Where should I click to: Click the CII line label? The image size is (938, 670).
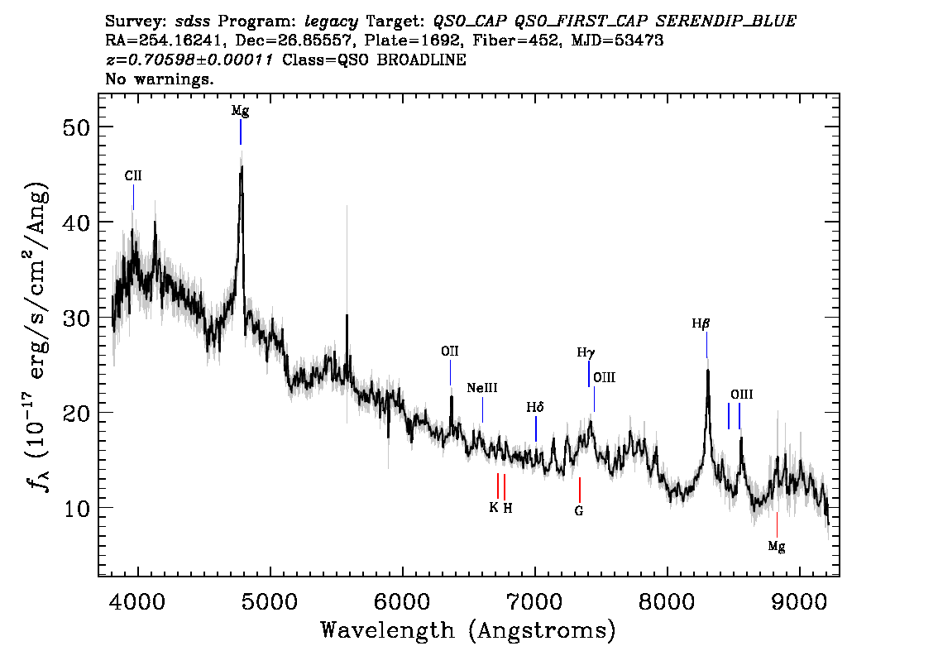click(133, 176)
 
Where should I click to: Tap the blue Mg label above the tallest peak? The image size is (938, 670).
click(241, 112)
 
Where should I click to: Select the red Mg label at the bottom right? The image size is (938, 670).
click(777, 546)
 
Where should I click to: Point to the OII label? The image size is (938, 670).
click(450, 352)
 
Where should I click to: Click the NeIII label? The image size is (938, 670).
click(482, 388)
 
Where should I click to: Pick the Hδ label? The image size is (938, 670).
click(535, 408)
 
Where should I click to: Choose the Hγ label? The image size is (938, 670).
click(586, 353)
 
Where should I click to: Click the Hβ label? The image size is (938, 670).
click(701, 323)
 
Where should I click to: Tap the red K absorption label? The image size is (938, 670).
click(494, 507)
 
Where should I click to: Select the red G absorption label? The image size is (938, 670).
click(578, 511)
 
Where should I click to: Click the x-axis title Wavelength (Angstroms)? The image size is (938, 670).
click(468, 630)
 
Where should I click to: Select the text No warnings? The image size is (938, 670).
click(159, 79)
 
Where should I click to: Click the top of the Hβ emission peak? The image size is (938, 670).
click(708, 371)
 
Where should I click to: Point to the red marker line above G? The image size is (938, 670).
click(580, 490)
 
